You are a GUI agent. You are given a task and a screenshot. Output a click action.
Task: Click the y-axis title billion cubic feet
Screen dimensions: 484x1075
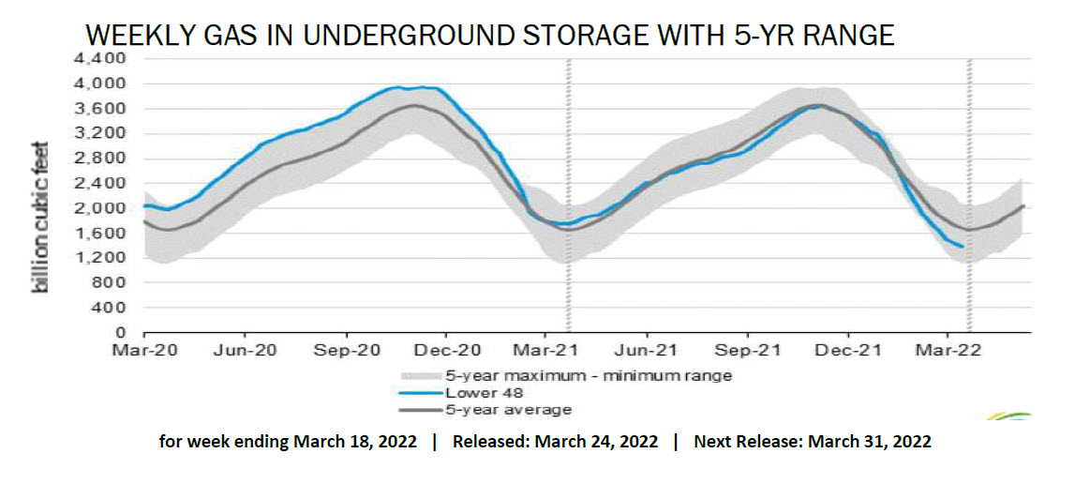click(x=41, y=218)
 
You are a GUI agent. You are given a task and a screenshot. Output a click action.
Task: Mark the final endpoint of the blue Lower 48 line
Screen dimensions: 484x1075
click(x=963, y=247)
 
